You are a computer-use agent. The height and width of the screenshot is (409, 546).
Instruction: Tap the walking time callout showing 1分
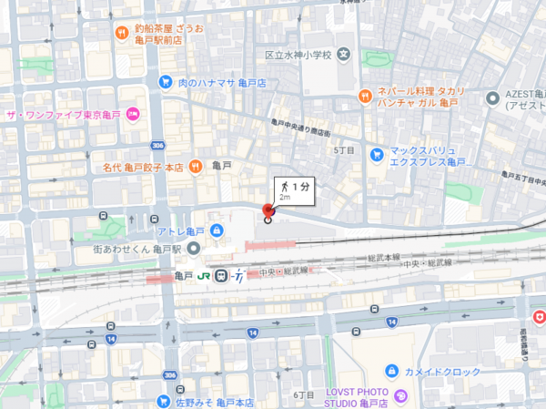tap(292, 187)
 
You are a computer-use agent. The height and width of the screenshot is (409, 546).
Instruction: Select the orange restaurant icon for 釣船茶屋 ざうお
tap(122, 34)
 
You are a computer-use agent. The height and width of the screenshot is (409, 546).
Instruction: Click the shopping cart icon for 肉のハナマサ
tap(165, 82)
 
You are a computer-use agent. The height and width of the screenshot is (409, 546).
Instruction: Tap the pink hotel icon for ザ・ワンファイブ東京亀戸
tap(133, 114)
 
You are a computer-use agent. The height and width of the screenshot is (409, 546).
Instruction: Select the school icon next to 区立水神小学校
tap(343, 54)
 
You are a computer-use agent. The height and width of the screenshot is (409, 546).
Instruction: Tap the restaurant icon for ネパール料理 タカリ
tap(363, 94)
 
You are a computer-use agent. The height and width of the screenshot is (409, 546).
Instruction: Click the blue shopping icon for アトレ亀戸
tap(216, 230)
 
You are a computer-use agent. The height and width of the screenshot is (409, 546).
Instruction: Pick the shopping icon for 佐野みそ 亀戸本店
tap(164, 400)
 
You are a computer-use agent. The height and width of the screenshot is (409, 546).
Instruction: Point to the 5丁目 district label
tap(344, 148)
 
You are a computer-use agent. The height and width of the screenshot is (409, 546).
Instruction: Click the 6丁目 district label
tap(304, 394)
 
